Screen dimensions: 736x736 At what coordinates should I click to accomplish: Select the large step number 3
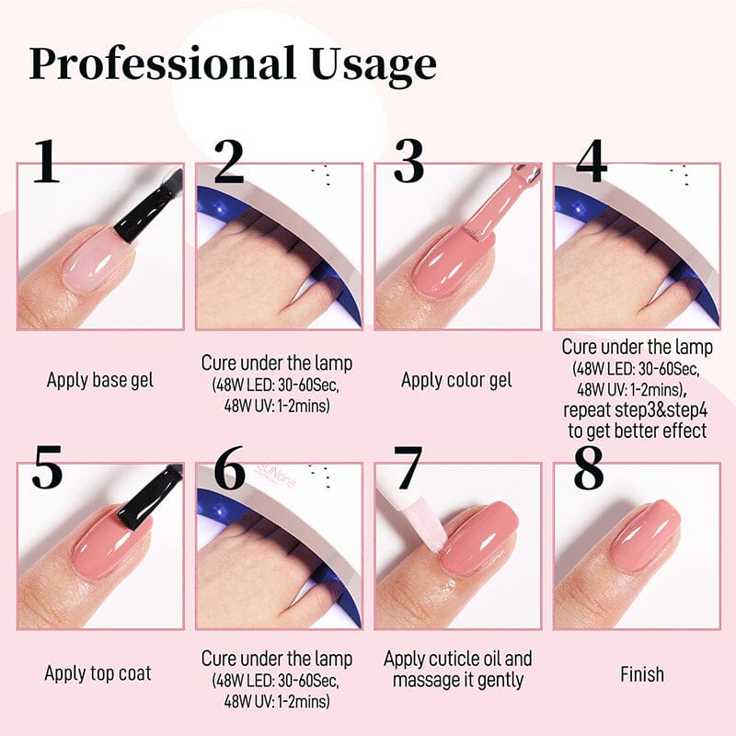click(408, 160)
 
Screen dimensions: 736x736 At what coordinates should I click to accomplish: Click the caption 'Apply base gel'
click(100, 379)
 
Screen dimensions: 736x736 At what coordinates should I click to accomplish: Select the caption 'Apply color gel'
click(456, 379)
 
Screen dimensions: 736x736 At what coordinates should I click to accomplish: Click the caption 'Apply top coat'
click(98, 673)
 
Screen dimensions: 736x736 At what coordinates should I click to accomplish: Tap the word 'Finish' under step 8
click(641, 674)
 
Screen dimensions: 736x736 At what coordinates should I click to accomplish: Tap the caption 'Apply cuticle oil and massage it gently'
click(457, 670)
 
